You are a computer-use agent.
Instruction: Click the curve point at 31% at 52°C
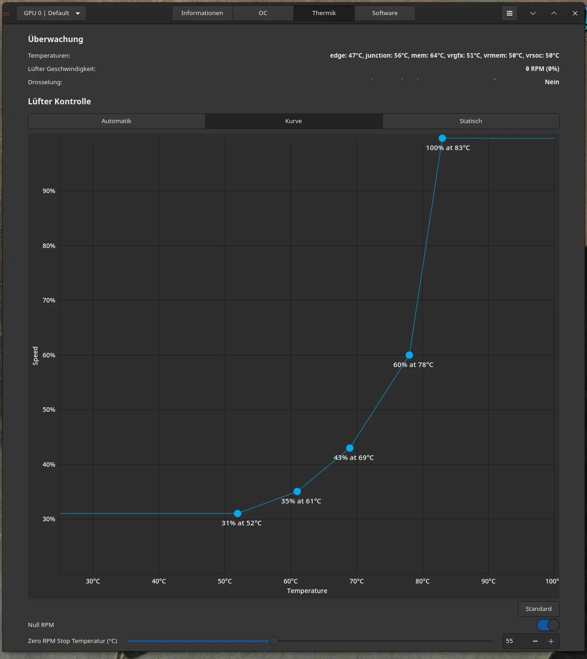pyautogui.click(x=238, y=513)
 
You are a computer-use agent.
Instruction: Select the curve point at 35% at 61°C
pyautogui.click(x=297, y=492)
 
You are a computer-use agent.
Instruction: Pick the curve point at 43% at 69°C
pyautogui.click(x=350, y=448)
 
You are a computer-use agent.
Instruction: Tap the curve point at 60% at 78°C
pyautogui.click(x=409, y=355)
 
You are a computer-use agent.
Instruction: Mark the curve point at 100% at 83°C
pyautogui.click(x=442, y=138)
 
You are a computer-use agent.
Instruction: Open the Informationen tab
pyautogui.click(x=202, y=13)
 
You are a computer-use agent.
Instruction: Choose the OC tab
pyautogui.click(x=263, y=13)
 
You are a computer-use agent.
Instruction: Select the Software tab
pyautogui.click(x=385, y=13)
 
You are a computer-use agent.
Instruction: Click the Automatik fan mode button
pyautogui.click(x=116, y=121)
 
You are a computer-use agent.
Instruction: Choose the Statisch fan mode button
pyautogui.click(x=471, y=121)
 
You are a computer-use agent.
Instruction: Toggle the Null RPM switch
pyautogui.click(x=548, y=625)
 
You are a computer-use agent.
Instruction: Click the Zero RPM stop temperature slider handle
pyautogui.click(x=274, y=641)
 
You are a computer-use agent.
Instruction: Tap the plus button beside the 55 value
pyautogui.click(x=551, y=642)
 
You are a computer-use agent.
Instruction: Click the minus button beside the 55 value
pyautogui.click(x=535, y=642)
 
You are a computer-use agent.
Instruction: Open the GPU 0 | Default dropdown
pyautogui.click(x=51, y=13)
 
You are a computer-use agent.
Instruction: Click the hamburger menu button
pyautogui.click(x=510, y=13)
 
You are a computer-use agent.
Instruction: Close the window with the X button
pyautogui.click(x=575, y=13)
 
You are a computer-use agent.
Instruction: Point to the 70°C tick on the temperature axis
pyautogui.click(x=357, y=581)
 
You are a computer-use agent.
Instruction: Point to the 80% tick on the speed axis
pyautogui.click(x=49, y=246)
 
